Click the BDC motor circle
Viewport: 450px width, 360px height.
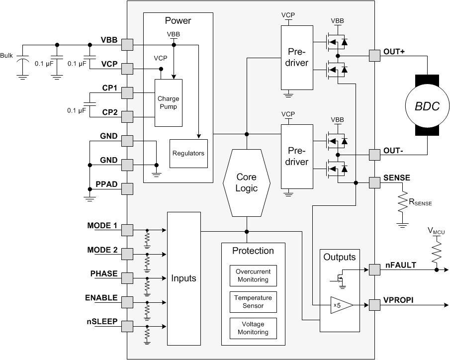pyautogui.click(x=428, y=106)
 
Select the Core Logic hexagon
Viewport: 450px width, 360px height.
pyautogui.click(x=247, y=182)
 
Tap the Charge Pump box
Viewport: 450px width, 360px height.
pyautogui.click(x=169, y=102)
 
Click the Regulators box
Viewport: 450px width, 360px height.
pyautogui.click(x=188, y=153)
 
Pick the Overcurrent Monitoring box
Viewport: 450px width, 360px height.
pyautogui.click(x=253, y=276)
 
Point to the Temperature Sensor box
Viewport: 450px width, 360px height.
pyautogui.click(x=253, y=302)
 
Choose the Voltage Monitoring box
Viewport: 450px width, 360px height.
pyautogui.click(x=253, y=328)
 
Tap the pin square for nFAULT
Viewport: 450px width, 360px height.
pyautogui.click(x=374, y=270)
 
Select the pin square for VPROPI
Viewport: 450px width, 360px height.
pyautogui.click(x=374, y=304)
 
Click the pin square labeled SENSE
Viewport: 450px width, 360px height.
pyautogui.click(x=374, y=182)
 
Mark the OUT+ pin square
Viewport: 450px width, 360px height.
pyautogui.click(x=374, y=56)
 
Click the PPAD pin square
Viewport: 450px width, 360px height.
pyautogui.click(x=127, y=189)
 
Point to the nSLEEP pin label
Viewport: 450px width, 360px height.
pyautogui.click(x=101, y=321)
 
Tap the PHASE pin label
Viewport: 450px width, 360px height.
pyautogui.click(x=104, y=273)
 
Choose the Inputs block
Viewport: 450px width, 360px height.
pyautogui.click(x=184, y=278)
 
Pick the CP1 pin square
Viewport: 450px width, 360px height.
pyautogui.click(x=127, y=93)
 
